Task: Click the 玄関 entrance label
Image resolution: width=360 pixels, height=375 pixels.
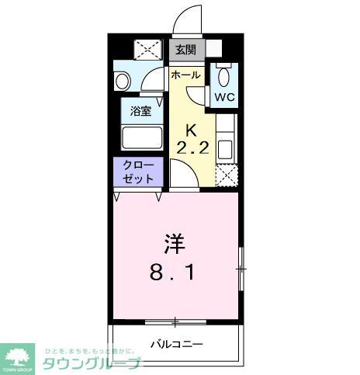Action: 185,50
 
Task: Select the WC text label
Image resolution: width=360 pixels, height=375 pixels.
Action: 224,97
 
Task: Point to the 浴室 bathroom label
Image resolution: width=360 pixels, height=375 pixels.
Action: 141,111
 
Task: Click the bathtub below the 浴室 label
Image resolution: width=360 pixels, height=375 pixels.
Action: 141,137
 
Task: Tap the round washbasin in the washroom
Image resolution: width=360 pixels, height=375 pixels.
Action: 123,80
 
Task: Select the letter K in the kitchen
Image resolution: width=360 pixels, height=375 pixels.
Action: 189,130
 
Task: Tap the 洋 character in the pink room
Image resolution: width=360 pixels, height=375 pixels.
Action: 175,244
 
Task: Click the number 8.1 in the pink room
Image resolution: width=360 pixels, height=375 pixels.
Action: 174,273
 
